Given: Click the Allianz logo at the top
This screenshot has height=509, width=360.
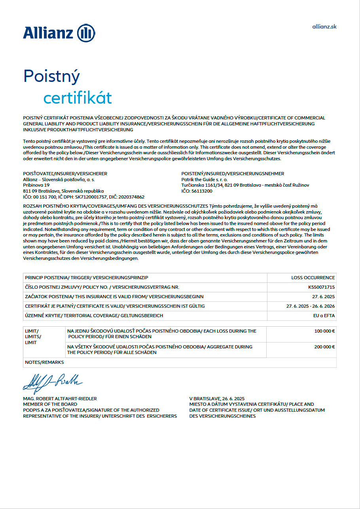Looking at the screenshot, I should [59, 33].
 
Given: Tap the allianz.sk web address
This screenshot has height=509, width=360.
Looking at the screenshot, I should [324, 26].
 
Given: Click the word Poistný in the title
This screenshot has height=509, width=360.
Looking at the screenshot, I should [52, 76].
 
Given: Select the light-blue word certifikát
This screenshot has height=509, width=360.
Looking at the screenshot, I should [78, 98].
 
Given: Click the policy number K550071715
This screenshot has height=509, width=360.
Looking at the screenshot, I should [322, 287].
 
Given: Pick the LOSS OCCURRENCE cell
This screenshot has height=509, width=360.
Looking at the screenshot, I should [313, 278].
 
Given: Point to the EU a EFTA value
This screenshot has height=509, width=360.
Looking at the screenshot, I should [324, 316].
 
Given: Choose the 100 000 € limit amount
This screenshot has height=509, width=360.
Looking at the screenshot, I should [324, 331].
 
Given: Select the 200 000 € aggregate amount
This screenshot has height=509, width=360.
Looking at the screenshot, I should [324, 347].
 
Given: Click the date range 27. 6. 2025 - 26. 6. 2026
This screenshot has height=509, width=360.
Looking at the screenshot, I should [311, 306].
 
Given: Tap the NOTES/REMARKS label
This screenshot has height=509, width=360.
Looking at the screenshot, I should [44, 362].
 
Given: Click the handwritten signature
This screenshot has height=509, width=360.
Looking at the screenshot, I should [53, 381].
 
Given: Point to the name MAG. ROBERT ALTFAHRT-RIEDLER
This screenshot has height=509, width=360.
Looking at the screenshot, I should [60, 399].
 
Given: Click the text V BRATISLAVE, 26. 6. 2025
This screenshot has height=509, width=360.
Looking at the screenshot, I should [217, 399].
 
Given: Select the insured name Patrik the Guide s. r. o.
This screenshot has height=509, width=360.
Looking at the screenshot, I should [205, 180].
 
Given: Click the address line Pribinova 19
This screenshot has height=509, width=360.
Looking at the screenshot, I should [36, 185].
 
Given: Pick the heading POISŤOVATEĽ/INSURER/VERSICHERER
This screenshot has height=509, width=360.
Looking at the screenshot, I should [65, 174].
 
